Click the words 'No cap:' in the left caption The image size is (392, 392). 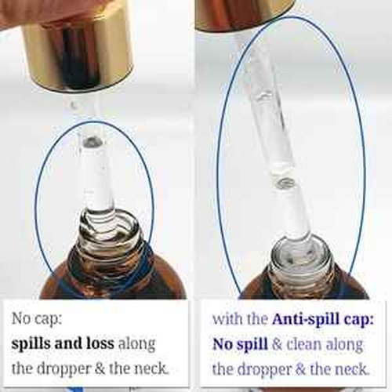point(37,319)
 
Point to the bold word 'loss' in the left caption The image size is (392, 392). point(100,343)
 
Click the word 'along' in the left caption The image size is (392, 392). point(137,344)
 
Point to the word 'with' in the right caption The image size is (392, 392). point(225,319)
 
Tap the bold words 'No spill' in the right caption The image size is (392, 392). point(240,345)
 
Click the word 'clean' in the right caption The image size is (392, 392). point(305,344)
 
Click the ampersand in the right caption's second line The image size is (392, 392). point(278,345)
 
